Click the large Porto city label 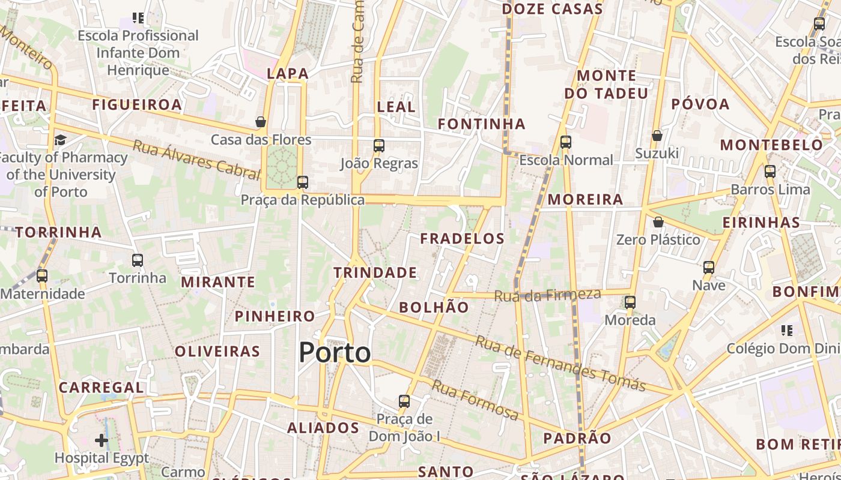pos(335,352)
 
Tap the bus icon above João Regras pos(378,145)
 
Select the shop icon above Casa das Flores pos(261,122)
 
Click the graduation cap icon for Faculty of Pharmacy pos(60,140)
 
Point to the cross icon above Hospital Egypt pos(102,440)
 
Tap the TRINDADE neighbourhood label pos(375,272)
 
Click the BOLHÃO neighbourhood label pos(434,307)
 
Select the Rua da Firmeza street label pos(547,295)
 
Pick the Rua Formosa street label pos(475,400)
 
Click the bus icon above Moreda pos(630,302)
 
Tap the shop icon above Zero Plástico pos(658,222)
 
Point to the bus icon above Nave pos(709,267)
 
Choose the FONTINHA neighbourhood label pos(481,124)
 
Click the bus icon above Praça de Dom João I pos(404,401)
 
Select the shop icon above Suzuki pos(657,136)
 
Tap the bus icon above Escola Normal pos(565,142)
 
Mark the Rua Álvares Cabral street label pos(196,160)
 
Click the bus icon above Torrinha pos(138,260)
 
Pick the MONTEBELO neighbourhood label pos(771,145)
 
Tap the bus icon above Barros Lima pos(770,172)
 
